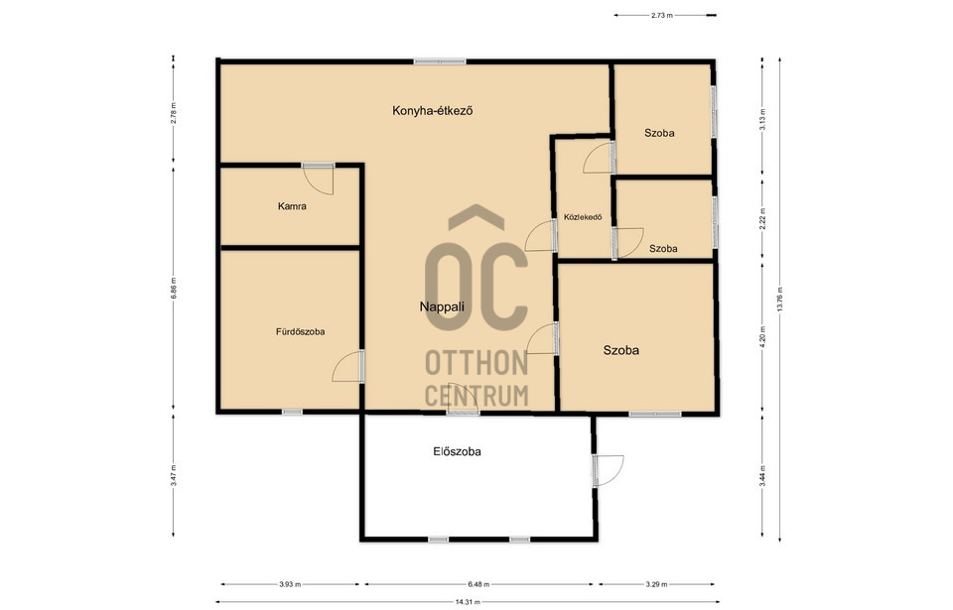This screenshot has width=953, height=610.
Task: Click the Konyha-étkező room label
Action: (432, 110)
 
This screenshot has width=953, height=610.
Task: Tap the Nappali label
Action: (442, 306)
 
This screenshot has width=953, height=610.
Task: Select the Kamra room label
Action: (292, 206)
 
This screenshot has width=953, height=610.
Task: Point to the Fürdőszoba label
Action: (300, 331)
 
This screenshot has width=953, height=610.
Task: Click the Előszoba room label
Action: (457, 451)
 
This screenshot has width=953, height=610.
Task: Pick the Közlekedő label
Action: (583, 217)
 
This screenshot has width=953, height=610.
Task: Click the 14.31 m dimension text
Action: (468, 602)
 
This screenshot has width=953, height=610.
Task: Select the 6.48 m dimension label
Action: (478, 584)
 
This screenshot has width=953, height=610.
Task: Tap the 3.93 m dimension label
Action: (290, 584)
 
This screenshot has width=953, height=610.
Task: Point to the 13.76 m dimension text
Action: (780, 299)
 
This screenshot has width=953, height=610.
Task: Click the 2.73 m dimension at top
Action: (662, 15)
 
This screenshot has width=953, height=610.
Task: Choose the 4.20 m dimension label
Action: (762, 337)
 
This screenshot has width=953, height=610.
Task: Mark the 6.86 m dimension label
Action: (173, 288)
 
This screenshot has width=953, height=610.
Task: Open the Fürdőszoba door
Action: (348, 366)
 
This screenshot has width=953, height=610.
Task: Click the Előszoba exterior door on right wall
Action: (609, 470)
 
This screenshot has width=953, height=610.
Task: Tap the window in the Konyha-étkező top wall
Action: (440, 61)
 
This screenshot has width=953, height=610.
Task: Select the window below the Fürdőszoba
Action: (292, 412)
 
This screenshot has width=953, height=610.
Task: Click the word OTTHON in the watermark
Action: (476, 363)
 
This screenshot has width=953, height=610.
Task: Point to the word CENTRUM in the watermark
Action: (476, 395)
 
